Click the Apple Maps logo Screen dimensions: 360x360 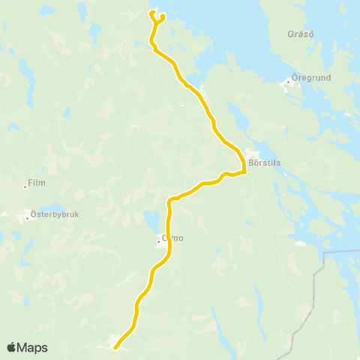pyautogui.click(x=27, y=348)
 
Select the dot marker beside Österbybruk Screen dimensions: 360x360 pyautogui.click(x=28, y=218)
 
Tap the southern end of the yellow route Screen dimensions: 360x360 pyautogui.click(x=115, y=348)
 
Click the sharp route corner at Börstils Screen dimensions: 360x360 pyautogui.click(x=246, y=172)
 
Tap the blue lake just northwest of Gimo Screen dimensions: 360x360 pyautogui.click(x=151, y=220)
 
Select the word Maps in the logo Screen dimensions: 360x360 pyautogui.click(x=34, y=348)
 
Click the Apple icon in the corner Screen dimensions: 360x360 pyautogui.click(x=11, y=347)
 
